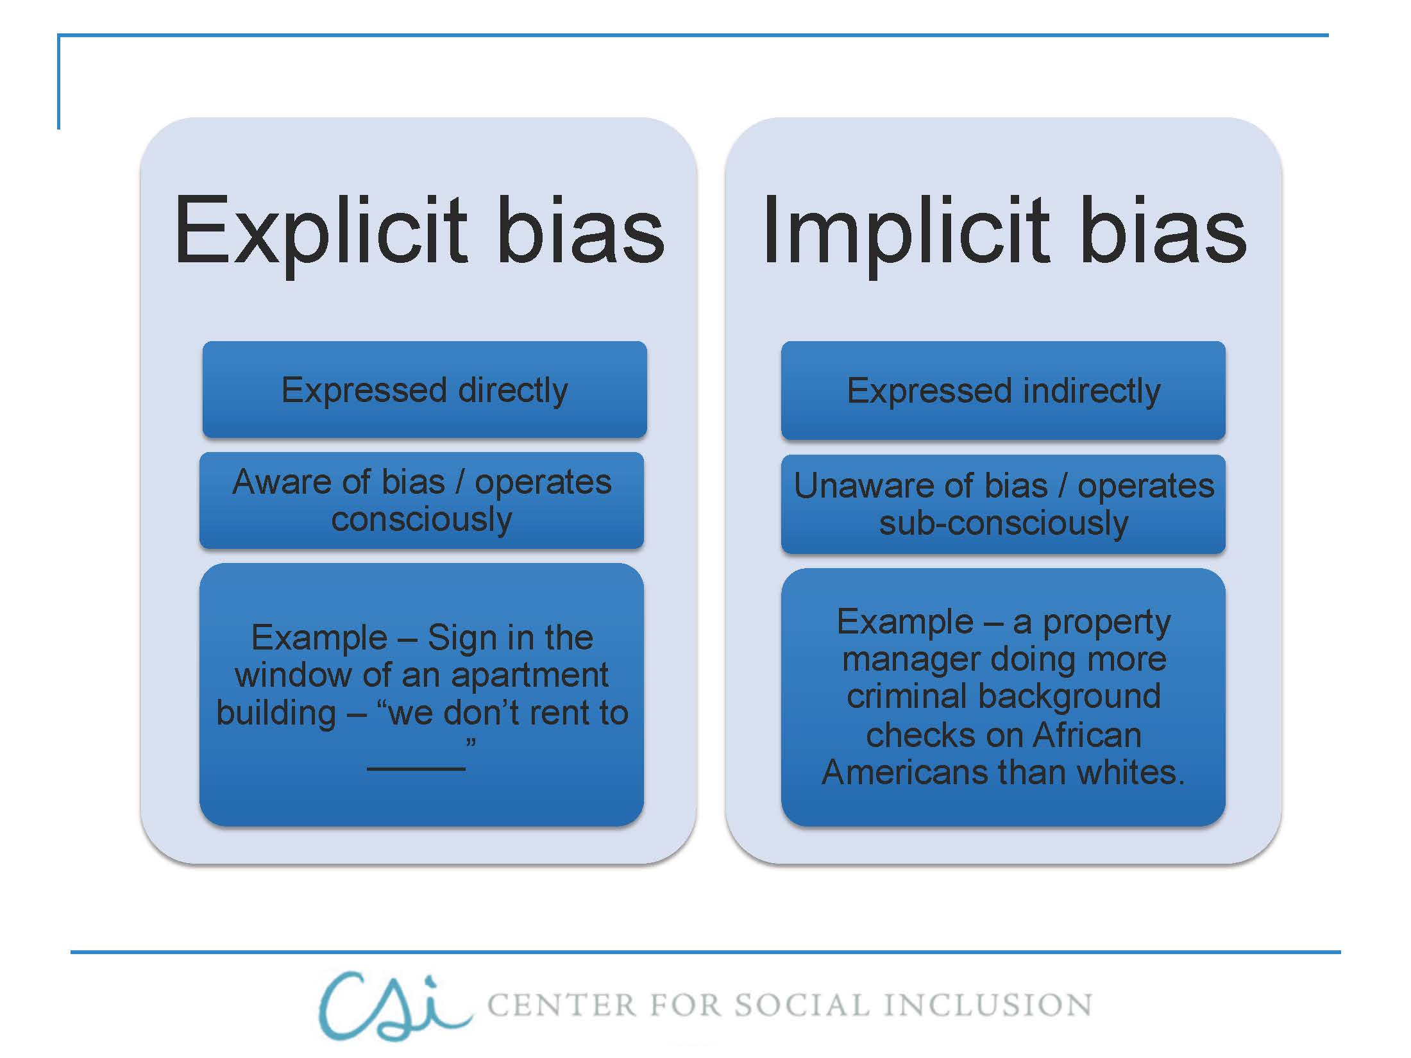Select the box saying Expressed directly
pyautogui.click(x=425, y=390)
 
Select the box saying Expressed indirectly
pyautogui.click(x=1003, y=390)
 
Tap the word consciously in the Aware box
pyautogui.click(x=421, y=519)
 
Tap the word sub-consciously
pyautogui.click(x=1003, y=523)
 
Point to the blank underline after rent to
pyautogui.click(x=416, y=767)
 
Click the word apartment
pyautogui.click(x=529, y=675)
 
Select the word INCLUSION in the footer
pyautogui.click(x=988, y=1005)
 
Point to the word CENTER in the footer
pyautogui.click(x=562, y=1005)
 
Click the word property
pyautogui.click(x=1106, y=622)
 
